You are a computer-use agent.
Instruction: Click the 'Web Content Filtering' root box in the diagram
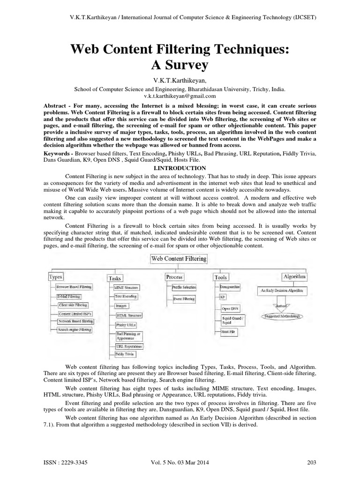tap(179, 258)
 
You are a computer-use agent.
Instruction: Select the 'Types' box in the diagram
tap(56, 277)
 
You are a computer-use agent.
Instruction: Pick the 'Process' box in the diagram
tap(174, 277)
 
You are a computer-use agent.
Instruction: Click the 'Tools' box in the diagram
tap(220, 277)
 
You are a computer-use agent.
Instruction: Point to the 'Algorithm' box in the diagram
tap(294, 277)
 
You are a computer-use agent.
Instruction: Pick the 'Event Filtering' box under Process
tap(184, 298)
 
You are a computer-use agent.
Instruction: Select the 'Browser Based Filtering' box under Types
tap(74, 286)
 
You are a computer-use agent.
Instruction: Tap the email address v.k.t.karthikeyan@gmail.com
tap(180, 96)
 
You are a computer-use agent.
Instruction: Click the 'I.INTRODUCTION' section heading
tap(180, 168)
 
